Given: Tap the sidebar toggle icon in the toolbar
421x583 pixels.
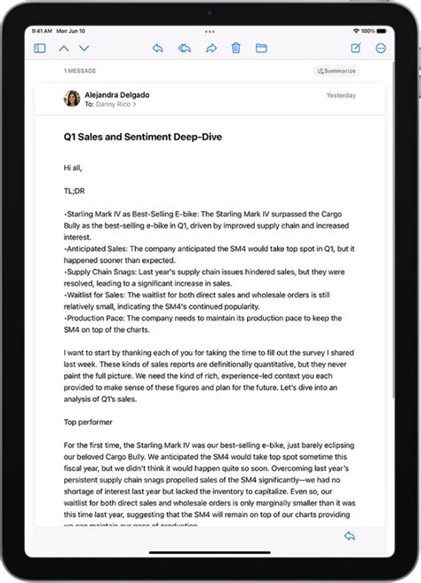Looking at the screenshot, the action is pos(39,49).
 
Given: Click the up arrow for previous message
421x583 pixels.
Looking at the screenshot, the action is pos(63,49).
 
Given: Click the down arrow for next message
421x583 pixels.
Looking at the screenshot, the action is pos(84,49).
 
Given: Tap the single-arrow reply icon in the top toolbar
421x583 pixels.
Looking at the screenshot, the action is pos(157,49).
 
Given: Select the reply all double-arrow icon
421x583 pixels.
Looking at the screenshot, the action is pos(184,49).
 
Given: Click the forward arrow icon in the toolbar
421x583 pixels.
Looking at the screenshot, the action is pos(211,49).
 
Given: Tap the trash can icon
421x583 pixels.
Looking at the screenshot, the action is pos(236,49).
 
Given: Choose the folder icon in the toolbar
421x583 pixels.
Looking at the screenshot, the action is pos(261,49).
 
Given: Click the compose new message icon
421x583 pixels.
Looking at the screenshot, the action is pos(356,49).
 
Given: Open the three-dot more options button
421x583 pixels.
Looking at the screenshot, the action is pos(381,49).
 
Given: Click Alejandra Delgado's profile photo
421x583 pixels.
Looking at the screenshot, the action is pos(72,98).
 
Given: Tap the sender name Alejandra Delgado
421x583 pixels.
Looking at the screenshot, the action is pos(117,94).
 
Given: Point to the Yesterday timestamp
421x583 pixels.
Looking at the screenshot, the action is pos(341,95).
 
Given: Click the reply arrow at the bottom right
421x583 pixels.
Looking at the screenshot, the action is pos(349,536).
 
